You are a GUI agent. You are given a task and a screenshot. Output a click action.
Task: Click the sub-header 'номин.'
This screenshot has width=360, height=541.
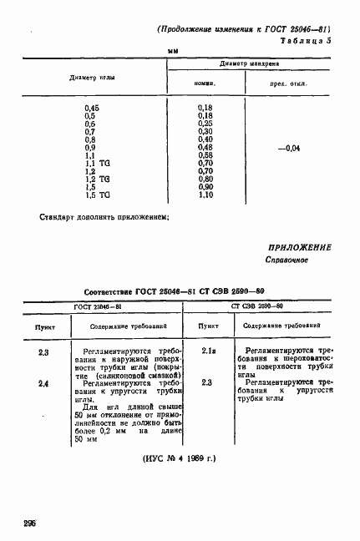[205, 83]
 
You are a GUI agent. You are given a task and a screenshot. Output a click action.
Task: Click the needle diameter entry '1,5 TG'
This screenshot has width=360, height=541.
[97, 195]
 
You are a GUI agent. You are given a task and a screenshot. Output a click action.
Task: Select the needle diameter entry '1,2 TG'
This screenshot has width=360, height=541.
[97, 179]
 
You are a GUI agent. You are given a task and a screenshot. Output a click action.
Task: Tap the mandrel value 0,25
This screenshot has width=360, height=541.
[205, 124]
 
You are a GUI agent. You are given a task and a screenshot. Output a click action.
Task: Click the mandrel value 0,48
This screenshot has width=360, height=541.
[205, 148]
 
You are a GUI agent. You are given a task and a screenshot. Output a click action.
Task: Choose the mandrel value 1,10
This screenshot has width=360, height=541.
[205, 195]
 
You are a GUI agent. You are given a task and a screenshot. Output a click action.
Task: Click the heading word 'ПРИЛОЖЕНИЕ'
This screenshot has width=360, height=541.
[300, 248]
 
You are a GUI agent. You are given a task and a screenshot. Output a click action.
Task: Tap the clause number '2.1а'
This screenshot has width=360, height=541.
[210, 351]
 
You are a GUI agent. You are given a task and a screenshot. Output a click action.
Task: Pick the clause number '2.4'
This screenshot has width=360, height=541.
[43, 382]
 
